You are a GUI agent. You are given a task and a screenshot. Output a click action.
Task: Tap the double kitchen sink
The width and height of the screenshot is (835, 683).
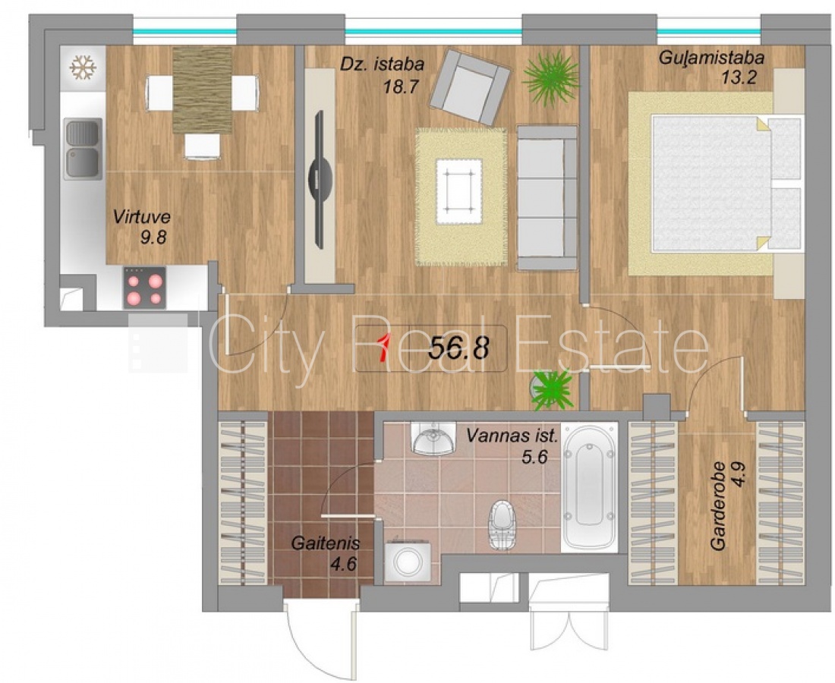tap(83, 149)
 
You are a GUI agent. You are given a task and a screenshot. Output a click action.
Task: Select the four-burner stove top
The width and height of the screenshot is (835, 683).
tap(144, 288)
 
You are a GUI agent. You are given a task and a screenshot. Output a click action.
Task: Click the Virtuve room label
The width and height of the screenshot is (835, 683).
tap(142, 217)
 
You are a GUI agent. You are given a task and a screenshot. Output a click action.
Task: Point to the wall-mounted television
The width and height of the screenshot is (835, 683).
tap(320, 179)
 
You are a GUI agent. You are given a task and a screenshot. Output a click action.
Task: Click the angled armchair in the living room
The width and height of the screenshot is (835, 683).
tap(470, 87)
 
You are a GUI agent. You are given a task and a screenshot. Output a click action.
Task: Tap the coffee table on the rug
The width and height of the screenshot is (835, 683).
tap(459, 192)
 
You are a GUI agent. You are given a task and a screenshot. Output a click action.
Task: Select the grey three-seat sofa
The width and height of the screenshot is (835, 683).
tap(547, 197)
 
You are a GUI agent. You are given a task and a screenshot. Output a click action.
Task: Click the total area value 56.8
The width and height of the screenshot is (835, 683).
tap(459, 348)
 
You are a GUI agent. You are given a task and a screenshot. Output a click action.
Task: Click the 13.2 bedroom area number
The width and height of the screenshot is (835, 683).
tap(739, 77)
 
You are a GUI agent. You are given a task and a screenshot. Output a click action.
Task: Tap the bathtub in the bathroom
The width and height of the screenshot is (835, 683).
tap(589, 486)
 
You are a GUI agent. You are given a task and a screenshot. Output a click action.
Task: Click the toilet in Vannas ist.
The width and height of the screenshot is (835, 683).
tap(503, 524)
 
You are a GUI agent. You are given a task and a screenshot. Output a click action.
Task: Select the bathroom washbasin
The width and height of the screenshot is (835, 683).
tap(433, 438)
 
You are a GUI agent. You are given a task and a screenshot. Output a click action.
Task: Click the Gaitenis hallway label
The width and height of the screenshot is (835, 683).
tap(326, 543)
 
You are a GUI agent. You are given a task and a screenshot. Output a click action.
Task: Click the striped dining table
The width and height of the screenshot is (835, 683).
tap(203, 90)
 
